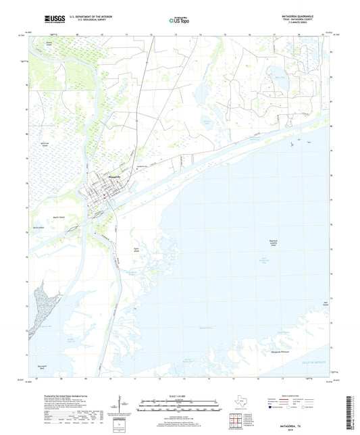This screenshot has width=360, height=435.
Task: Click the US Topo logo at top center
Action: tap(179, 20)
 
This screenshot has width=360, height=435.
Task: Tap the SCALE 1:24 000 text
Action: tap(180, 395)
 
